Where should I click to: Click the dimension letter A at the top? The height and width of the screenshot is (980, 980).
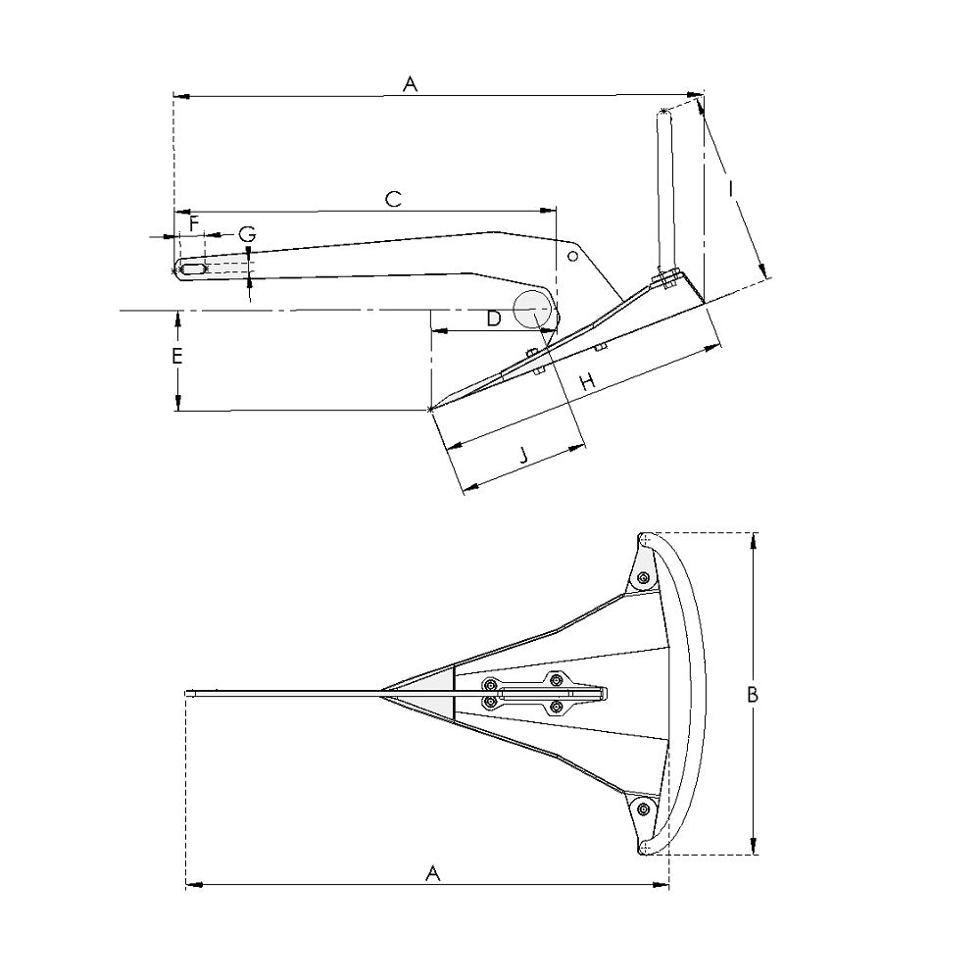[411, 85]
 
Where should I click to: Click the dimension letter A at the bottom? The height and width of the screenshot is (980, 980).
[432, 873]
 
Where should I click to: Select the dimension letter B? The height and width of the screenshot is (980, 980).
[753, 695]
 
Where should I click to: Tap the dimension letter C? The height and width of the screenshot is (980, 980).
[393, 199]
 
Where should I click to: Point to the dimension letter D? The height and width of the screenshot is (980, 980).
[494, 318]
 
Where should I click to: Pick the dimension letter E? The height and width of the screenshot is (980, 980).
[177, 357]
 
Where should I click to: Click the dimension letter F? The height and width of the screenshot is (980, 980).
[194, 224]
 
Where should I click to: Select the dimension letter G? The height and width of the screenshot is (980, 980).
[248, 234]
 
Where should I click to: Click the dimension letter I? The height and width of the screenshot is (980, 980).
[732, 187]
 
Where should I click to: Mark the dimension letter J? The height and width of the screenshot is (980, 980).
[523, 455]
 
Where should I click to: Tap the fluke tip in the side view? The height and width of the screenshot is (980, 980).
[432, 408]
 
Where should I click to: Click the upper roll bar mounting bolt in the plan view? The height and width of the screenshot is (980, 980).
[642, 578]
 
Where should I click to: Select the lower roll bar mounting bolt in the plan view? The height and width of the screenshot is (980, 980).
[643, 808]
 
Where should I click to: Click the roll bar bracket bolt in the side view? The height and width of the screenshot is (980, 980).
[665, 280]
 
